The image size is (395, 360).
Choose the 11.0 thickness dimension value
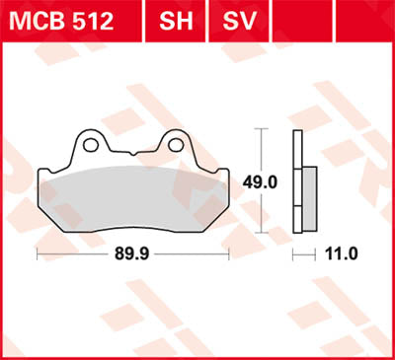pyautogui.click(x=341, y=253)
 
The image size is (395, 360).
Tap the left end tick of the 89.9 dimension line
pyautogui.click(x=37, y=253)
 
